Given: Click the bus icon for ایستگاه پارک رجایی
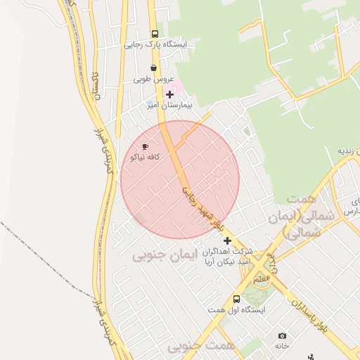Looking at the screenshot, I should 155,34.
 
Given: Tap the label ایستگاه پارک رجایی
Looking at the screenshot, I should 156,45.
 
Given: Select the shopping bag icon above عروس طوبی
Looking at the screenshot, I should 153,68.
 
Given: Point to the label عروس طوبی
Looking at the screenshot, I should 153,79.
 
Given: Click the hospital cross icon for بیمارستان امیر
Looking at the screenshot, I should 169,94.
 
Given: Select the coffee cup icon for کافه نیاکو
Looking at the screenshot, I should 146,147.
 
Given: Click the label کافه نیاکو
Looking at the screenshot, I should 143,157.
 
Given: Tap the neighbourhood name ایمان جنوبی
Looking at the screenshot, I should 159,255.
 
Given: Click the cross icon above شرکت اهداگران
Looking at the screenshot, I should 227,240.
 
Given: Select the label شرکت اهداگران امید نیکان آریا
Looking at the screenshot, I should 227,257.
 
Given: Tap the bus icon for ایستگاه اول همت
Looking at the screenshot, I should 236,298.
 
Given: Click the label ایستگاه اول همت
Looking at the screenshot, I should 236,309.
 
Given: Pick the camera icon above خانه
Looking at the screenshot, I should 282,336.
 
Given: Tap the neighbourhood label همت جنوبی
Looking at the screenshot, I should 209,346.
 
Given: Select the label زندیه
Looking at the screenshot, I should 349,151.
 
